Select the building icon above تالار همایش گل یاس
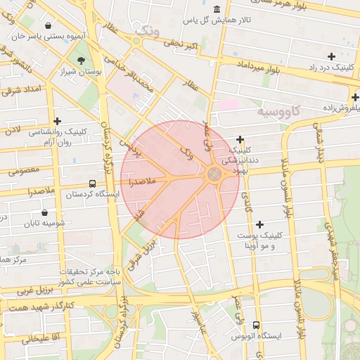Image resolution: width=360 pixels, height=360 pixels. (215, 9)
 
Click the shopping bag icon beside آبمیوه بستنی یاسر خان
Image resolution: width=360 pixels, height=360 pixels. (47, 26)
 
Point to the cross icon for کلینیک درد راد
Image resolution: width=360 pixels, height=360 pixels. (331, 56)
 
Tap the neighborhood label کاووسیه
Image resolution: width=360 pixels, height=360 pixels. (278, 111)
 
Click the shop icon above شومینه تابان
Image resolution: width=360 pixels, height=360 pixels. (45, 212)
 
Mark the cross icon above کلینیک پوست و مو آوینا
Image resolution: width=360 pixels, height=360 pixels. (261, 224)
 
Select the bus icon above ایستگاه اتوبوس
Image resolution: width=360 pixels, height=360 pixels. (255, 326)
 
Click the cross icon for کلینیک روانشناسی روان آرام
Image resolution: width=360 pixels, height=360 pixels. (57, 121)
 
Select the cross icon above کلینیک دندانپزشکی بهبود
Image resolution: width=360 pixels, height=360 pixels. (240, 139)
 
